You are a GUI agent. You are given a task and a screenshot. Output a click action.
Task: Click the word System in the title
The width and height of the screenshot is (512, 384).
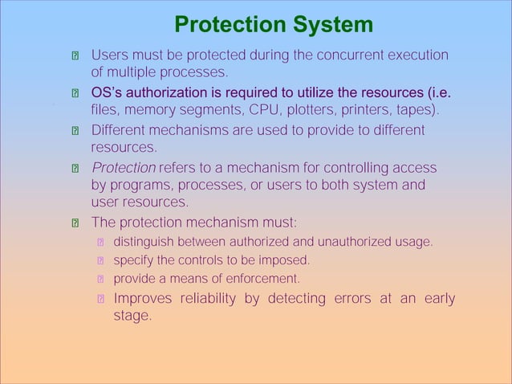333,25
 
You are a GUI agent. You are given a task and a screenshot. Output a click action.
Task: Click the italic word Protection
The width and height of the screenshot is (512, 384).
124,168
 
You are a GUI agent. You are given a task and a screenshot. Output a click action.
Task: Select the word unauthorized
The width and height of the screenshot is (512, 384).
353,241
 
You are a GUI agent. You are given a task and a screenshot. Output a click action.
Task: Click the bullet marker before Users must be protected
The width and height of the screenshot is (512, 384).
75,57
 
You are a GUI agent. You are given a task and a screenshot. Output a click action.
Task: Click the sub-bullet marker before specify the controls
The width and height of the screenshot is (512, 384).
101,261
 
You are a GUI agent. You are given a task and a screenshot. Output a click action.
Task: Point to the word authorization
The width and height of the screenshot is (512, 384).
180,92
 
